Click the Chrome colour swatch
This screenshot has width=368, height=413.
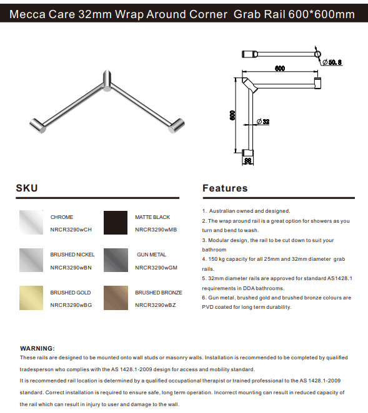(31, 222)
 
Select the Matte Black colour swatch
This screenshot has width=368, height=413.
(116, 222)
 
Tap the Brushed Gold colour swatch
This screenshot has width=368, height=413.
(31, 298)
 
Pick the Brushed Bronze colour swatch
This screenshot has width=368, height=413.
(116, 298)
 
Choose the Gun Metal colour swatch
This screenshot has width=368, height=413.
(116, 260)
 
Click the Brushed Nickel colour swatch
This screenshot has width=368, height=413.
(31, 260)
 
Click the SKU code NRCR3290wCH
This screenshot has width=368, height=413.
(71, 230)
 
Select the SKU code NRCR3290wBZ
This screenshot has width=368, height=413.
(155, 305)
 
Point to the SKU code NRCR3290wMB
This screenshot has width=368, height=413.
(156, 230)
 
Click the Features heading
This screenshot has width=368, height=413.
(225, 188)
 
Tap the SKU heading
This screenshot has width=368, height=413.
(27, 188)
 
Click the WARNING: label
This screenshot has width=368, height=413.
(37, 348)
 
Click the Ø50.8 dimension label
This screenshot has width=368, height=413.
(332, 62)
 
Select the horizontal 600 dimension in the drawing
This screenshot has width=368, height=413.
(279, 69)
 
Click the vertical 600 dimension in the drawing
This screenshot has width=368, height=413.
(232, 115)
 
